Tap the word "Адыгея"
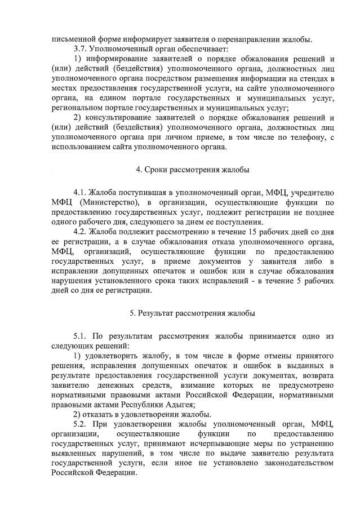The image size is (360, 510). pos(180,403)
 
